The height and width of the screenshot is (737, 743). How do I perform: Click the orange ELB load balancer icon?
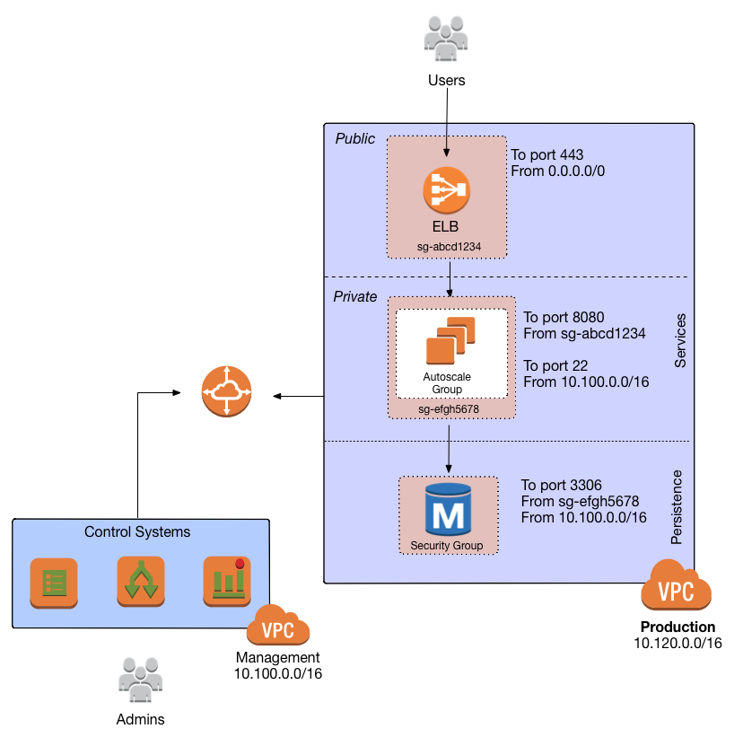click(x=446, y=189)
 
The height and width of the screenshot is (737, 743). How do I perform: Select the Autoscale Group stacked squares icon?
click(x=450, y=338)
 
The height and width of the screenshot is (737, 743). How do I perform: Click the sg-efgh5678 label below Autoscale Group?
click(x=449, y=409)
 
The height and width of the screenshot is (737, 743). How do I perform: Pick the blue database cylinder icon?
click(x=448, y=509)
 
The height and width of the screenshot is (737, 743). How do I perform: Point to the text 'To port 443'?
click(x=548, y=155)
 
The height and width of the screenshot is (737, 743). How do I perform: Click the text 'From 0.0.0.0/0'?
click(x=558, y=171)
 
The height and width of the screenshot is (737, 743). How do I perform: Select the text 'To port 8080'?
click(x=564, y=318)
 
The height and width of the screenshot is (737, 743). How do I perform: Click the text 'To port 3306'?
click(x=561, y=486)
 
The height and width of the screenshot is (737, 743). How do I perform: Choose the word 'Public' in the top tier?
click(x=355, y=139)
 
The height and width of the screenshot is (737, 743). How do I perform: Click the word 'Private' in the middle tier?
click(x=355, y=297)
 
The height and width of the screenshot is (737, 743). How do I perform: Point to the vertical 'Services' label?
click(x=679, y=340)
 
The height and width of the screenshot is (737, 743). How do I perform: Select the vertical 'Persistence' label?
click(x=677, y=506)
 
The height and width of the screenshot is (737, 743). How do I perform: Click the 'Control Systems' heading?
click(x=137, y=532)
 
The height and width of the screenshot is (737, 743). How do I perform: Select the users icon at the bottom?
click(x=141, y=678)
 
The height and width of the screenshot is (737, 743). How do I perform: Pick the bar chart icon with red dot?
click(x=226, y=580)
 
